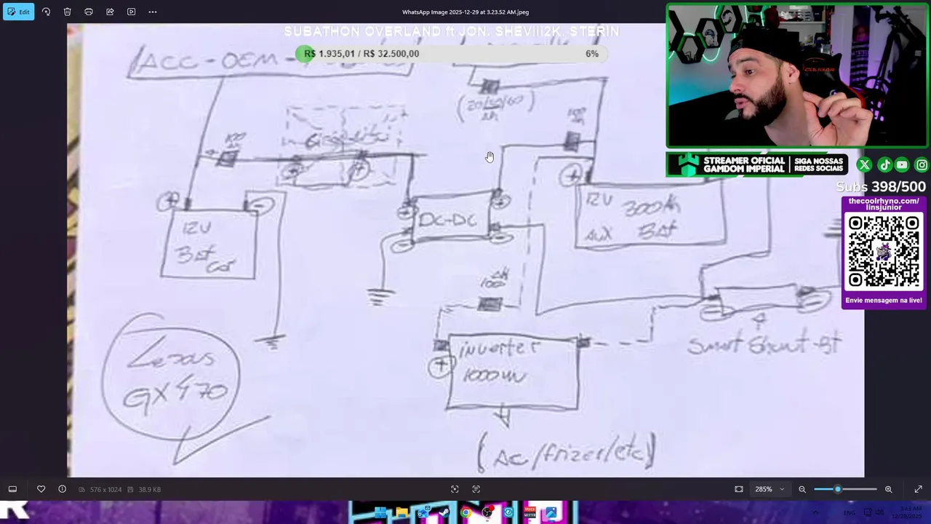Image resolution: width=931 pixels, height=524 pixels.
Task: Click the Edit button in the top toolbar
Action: coord(18,12)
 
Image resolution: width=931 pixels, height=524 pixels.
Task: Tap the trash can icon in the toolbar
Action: coord(67,12)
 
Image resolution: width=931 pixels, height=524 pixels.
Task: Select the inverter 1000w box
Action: coord(512,372)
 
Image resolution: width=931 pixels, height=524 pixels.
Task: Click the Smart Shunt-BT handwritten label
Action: coord(763,344)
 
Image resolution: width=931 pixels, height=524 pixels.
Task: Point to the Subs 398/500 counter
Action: coord(880,187)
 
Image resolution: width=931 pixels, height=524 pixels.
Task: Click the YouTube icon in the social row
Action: coord(902,165)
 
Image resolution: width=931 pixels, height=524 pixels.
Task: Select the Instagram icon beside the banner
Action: coord(921,165)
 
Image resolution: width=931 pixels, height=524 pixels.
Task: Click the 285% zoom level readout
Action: coord(763,489)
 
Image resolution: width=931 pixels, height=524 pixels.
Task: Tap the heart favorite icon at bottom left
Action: coord(41,489)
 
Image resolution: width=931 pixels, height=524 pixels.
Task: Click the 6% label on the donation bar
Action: coord(592,54)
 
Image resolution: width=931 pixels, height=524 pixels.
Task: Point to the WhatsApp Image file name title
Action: coord(465,12)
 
